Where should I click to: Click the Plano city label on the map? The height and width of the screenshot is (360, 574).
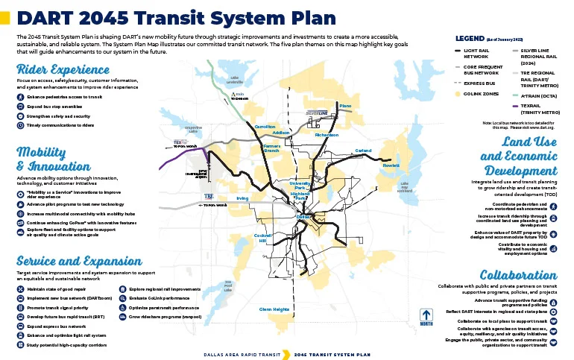click(x=344, y=106)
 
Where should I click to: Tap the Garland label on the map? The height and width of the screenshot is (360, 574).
click(x=363, y=151)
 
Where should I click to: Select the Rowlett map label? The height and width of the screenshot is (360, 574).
click(x=391, y=165)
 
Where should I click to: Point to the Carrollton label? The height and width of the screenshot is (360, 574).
click(x=265, y=127)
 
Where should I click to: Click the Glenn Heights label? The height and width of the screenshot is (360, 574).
click(x=274, y=309)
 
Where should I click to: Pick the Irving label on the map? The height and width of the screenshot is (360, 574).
click(x=242, y=198)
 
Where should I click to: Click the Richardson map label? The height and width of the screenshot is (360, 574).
click(x=327, y=135)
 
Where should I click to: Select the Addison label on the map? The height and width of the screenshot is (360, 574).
click(x=281, y=133)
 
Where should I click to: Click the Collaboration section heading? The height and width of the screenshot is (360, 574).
click(x=518, y=274)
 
